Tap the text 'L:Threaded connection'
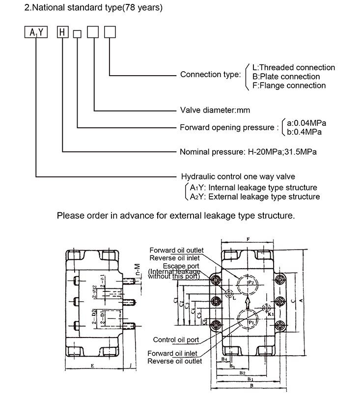(293, 67)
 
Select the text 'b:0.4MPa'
(305, 132)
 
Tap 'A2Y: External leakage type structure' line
(255, 197)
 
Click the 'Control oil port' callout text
(176, 339)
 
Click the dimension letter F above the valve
(249, 240)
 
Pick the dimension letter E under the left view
(93, 366)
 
